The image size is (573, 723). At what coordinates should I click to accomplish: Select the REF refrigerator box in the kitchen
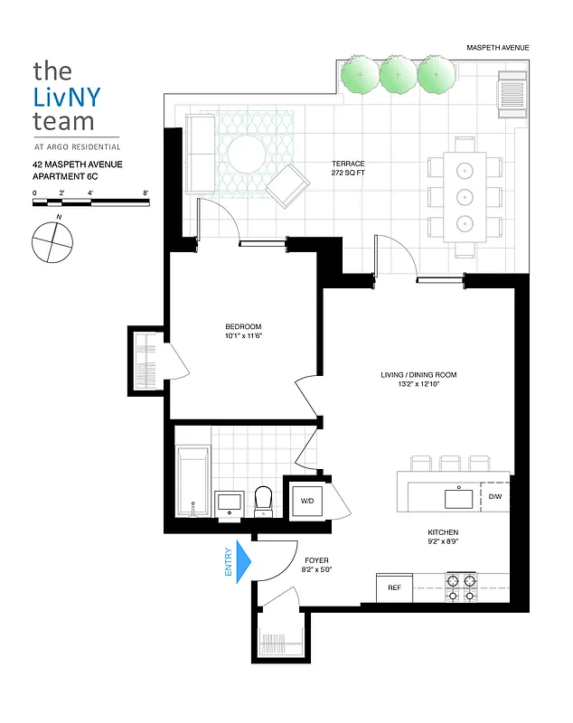point(394,587)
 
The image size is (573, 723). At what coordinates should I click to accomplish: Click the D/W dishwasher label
point(495,497)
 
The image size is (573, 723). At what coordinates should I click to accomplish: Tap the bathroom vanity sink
point(229,502)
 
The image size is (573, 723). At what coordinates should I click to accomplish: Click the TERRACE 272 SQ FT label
point(348,168)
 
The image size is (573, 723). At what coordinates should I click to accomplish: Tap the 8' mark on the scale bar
point(145,193)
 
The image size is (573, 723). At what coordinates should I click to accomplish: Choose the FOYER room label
point(315,560)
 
